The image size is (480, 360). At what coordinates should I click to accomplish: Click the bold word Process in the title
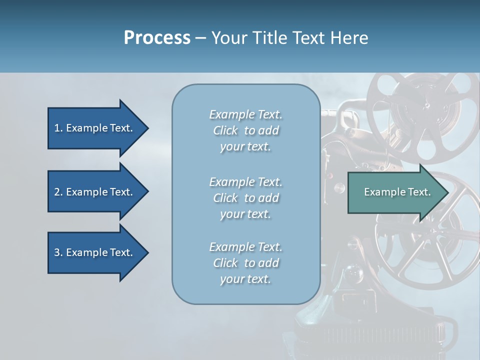[157, 38]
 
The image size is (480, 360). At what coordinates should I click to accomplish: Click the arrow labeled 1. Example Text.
[95, 128]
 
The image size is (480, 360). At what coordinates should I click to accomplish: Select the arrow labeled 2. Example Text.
[95, 192]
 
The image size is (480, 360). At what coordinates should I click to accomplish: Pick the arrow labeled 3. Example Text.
[95, 252]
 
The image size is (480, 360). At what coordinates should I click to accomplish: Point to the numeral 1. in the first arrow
[58, 128]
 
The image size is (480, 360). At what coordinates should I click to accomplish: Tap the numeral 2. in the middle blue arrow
[58, 192]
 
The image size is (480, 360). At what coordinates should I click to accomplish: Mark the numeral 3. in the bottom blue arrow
[58, 252]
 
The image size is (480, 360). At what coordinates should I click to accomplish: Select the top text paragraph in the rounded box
[245, 130]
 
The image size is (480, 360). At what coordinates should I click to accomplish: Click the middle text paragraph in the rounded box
[245, 198]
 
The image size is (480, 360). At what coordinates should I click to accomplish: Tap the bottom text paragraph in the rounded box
[245, 263]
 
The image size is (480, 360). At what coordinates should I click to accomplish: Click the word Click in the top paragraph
[225, 130]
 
